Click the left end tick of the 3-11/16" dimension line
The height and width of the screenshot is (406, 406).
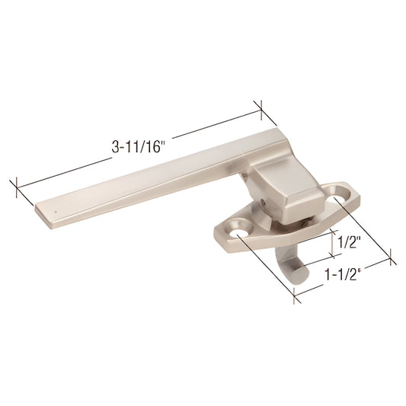pyautogui.click(x=14, y=187)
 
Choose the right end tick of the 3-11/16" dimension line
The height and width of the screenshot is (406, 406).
pyautogui.click(x=261, y=110)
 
